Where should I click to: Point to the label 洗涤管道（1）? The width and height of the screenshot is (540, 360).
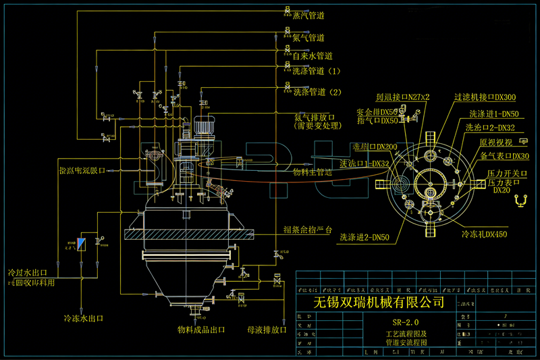tap(318, 70)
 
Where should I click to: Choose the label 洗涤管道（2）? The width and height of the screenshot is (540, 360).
tap(318, 92)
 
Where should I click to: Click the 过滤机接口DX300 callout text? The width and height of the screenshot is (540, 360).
tap(485, 98)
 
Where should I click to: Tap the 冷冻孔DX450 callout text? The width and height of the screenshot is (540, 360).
tap(484, 234)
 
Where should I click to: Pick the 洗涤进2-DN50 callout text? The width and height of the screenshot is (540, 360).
tap(365, 236)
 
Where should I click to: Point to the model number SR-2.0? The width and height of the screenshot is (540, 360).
tap(405, 322)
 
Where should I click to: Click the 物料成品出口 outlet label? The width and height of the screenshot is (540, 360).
tap(201, 330)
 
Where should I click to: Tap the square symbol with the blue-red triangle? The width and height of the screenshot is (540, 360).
tap(82, 244)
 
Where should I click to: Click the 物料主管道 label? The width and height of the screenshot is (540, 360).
tap(313, 172)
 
